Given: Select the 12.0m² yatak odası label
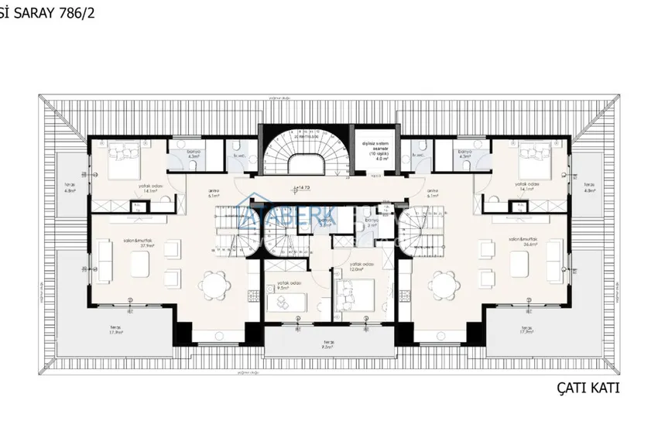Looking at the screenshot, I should pyautogui.click(x=362, y=267).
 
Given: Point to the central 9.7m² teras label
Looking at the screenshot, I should pyautogui.click(x=329, y=345).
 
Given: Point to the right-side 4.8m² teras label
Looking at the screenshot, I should pyautogui.click(x=590, y=187).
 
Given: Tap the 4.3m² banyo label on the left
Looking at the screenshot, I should pyautogui.click(x=194, y=154).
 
